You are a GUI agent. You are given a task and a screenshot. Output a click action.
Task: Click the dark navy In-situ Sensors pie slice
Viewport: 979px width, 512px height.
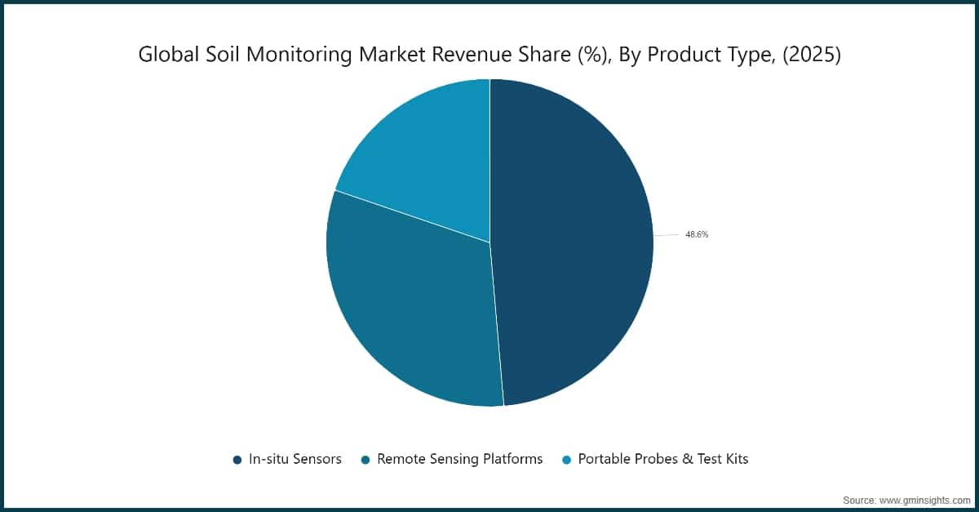(x=571, y=245)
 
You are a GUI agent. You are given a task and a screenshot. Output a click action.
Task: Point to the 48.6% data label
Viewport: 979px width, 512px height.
(x=697, y=234)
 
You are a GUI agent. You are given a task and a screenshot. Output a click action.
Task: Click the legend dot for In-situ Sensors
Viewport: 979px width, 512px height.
(x=237, y=460)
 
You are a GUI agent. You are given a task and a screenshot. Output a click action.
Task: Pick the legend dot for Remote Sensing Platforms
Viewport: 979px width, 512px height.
(x=365, y=460)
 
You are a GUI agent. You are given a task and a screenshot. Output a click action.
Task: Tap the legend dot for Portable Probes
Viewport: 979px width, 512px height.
(x=566, y=460)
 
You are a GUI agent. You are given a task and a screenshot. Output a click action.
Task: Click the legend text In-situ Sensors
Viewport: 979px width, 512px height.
(x=295, y=459)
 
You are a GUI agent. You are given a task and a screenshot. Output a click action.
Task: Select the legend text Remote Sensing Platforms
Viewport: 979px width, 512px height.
(x=459, y=459)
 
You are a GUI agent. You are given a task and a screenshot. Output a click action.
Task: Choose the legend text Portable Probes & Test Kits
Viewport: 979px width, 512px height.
(x=662, y=459)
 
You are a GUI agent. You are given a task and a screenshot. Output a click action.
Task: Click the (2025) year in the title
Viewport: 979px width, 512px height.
(x=811, y=55)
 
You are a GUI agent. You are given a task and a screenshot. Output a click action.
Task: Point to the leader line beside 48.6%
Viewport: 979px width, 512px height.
(x=666, y=235)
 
